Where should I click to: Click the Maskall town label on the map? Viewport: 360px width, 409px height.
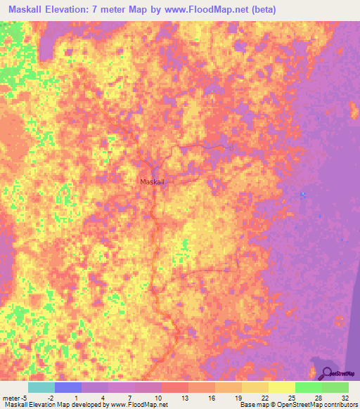tap(152, 182)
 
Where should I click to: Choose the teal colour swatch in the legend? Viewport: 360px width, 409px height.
tap(41, 387)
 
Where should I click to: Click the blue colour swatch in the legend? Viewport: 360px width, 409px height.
tap(67, 387)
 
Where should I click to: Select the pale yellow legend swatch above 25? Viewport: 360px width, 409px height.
tap(281, 387)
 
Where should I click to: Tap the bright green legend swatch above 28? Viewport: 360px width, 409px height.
tap(308, 387)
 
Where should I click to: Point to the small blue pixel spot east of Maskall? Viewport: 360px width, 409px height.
tap(303, 194)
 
